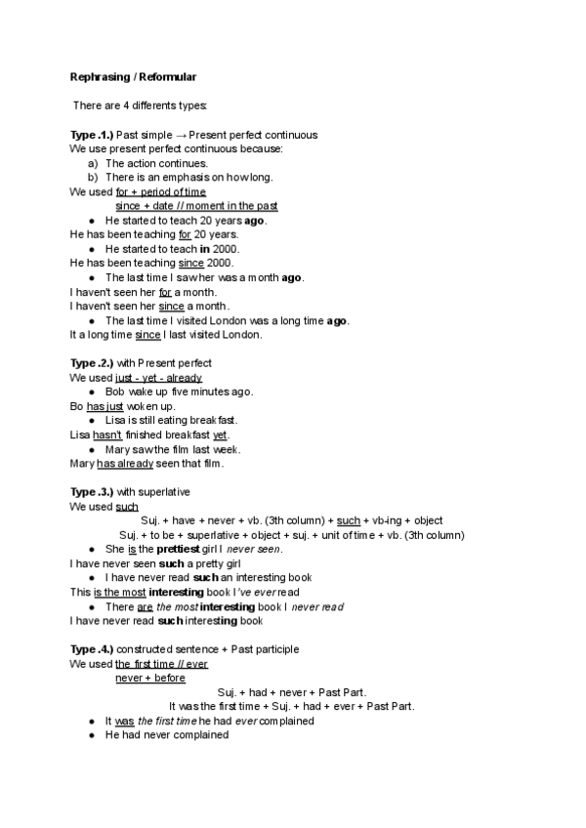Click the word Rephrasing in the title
tap(97, 76)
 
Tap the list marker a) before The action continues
tap(93, 163)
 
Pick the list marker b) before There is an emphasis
tap(93, 178)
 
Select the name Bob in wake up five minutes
tap(114, 392)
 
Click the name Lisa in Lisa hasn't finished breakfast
tap(80, 435)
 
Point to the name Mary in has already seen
tap(82, 464)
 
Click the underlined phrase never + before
tap(149, 678)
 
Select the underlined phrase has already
tap(121, 464)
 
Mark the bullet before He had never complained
tap(91, 735)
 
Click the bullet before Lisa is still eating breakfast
tap(91, 421)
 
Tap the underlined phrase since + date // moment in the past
tap(196, 206)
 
